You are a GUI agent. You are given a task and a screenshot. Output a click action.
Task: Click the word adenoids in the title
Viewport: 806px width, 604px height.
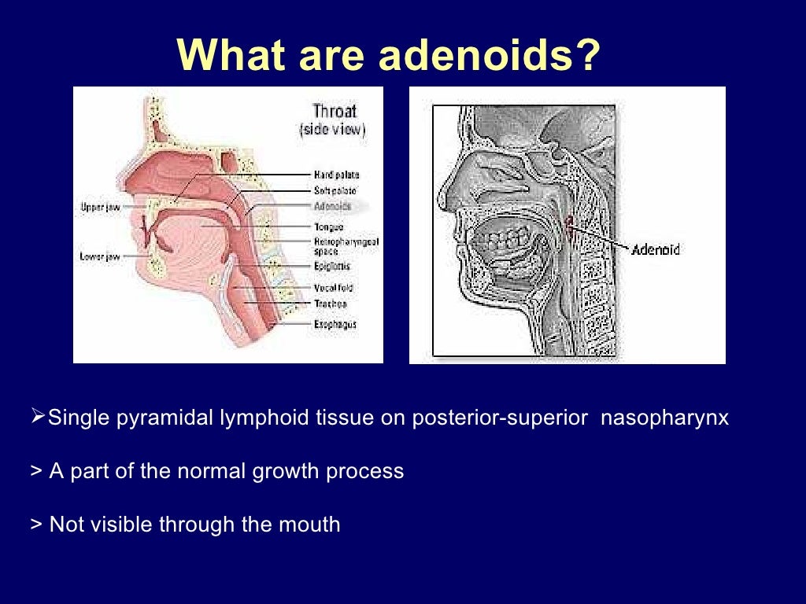point(489,56)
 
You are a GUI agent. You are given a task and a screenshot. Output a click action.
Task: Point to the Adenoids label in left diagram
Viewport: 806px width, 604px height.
point(332,206)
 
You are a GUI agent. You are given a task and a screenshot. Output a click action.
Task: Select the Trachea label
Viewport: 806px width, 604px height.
point(331,304)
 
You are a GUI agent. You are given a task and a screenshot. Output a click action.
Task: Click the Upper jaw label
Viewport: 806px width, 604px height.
point(100,207)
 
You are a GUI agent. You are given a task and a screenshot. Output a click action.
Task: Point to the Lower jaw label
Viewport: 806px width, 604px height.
point(100,256)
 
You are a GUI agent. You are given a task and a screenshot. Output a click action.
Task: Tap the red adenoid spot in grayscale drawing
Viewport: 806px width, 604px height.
point(571,228)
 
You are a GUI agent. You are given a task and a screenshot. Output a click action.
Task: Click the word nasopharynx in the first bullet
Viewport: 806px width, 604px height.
point(664,418)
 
